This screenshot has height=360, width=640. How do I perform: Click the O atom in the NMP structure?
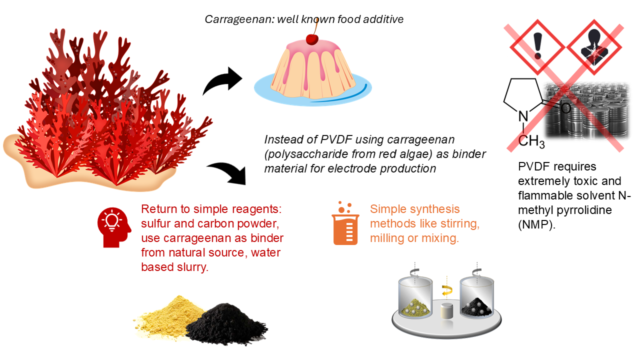click(x=565, y=107)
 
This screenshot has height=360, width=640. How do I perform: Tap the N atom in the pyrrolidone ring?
click(x=523, y=117)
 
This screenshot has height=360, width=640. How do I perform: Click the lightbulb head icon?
click(x=113, y=227)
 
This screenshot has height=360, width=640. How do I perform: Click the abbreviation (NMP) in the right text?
click(x=536, y=224)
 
